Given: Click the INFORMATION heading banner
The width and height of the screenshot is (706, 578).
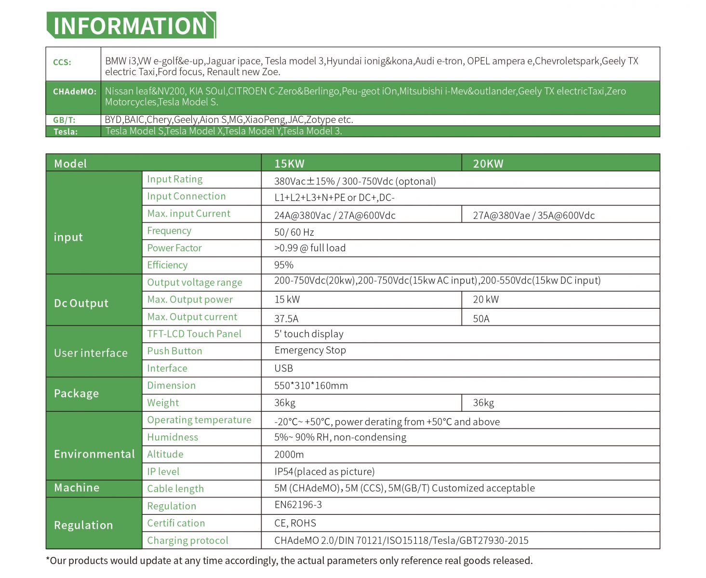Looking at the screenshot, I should [x=131, y=26].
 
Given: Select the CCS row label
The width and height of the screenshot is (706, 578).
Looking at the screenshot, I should [x=62, y=62].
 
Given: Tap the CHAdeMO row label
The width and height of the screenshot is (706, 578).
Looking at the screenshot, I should [x=74, y=92].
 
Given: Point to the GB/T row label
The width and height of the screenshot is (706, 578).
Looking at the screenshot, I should [x=64, y=120].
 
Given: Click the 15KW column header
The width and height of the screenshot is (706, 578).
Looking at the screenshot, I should [x=289, y=164].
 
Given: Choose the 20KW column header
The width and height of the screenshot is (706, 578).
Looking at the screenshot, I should [x=488, y=164].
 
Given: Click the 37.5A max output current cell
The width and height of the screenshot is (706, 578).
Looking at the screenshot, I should [x=286, y=318].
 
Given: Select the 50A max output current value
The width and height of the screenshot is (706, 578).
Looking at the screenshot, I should [x=481, y=318].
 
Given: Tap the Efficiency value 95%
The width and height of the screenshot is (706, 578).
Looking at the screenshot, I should [x=284, y=265].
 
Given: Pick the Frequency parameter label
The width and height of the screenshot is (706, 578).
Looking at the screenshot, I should [x=169, y=231].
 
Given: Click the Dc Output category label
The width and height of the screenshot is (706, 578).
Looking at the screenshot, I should [x=81, y=303].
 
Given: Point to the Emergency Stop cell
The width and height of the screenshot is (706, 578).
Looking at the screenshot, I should [x=310, y=350].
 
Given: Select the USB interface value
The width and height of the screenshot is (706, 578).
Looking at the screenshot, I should [x=283, y=368].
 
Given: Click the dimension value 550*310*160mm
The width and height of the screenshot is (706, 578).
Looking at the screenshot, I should [x=311, y=385].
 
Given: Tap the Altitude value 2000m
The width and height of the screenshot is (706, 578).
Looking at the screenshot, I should [x=289, y=454].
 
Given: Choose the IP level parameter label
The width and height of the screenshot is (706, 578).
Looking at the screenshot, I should [x=163, y=472].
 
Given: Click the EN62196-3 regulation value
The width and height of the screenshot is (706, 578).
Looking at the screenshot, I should [x=298, y=505].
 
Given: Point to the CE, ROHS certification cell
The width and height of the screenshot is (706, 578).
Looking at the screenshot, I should [x=295, y=523].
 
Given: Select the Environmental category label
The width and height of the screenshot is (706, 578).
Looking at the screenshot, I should [x=94, y=454].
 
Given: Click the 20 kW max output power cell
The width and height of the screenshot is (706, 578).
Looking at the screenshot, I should [x=486, y=300].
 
